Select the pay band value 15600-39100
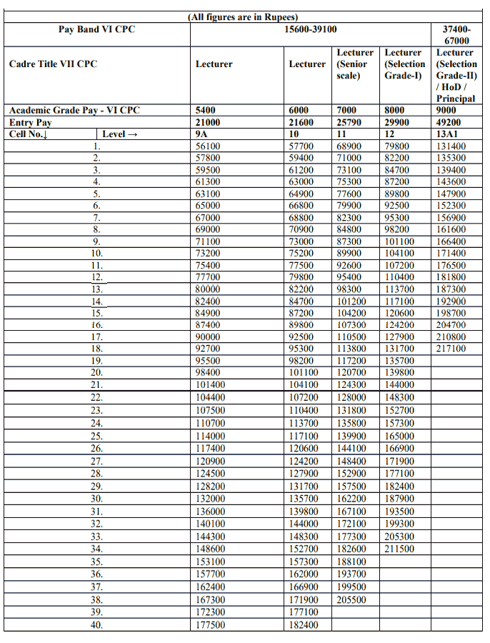[311, 29]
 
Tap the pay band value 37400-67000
[456, 35]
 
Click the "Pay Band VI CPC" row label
[96, 29]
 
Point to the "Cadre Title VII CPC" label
[53, 64]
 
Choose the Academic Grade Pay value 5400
[207, 111]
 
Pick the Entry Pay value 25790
[350, 123]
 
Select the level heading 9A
[202, 134]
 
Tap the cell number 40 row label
[96, 625]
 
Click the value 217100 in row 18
[451, 349]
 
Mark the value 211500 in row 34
[399, 549]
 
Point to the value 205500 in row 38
[351, 600]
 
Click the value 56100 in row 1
[208, 146]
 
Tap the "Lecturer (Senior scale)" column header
[354, 64]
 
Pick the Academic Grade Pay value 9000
[448, 111]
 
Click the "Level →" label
[119, 134]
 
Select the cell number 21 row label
[96, 385]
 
